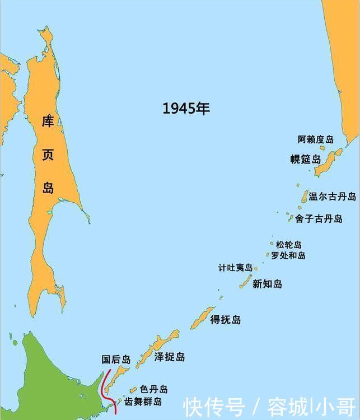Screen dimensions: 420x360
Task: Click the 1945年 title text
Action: point(186,109)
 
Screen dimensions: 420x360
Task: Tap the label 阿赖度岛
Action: point(315,139)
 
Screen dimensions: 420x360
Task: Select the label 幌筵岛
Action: point(305,159)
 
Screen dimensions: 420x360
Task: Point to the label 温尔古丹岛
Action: point(332,197)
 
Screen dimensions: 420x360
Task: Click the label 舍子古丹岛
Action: point(319,219)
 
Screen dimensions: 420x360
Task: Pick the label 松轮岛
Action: point(289,245)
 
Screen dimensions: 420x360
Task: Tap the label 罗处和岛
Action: point(288,255)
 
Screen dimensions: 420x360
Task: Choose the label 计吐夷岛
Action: point(235,268)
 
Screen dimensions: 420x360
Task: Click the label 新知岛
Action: point(267,284)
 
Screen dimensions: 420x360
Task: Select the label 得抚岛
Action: point(225,320)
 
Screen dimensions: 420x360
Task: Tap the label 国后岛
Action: point(116,360)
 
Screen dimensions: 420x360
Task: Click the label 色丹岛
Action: point(153,389)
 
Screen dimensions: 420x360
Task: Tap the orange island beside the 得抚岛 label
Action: point(202,318)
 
